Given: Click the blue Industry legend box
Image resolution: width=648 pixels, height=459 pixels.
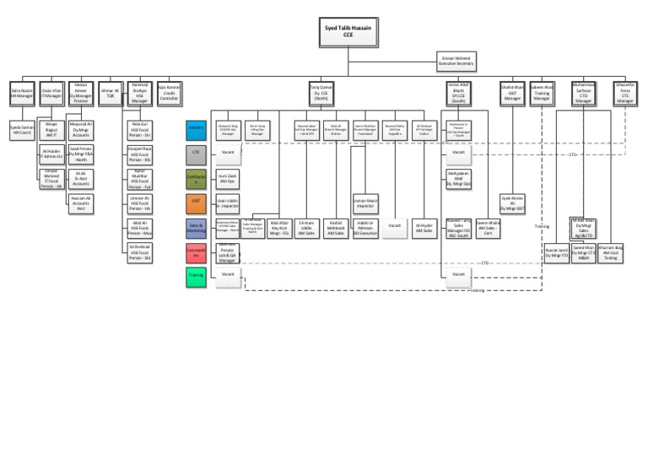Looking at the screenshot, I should click(196, 128).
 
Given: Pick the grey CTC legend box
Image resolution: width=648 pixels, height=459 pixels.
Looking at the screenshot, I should click(196, 153).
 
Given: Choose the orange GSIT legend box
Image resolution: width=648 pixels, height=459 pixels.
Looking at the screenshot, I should click(196, 202).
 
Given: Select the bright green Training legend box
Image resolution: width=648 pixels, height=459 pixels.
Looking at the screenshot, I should click(196, 275).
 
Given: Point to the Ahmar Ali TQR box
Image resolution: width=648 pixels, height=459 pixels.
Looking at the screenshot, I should click(110, 93).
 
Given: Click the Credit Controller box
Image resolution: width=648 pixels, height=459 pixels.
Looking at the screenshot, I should click(169, 93).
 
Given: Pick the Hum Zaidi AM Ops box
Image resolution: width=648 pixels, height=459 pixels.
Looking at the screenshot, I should click(227, 178).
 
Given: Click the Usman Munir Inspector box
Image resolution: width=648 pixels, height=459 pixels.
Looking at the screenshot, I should click(365, 202).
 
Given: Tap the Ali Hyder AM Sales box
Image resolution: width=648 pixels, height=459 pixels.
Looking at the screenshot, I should click(424, 227).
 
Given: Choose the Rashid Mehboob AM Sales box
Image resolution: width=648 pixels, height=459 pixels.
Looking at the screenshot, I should click(336, 227).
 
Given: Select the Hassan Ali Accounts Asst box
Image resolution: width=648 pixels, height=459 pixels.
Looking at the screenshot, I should click(81, 202).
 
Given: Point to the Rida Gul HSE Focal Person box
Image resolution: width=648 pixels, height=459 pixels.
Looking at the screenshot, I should click(139, 129).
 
